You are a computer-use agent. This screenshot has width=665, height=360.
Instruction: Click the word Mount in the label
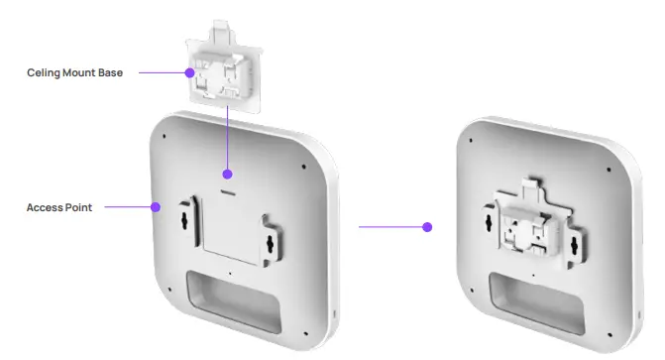79,72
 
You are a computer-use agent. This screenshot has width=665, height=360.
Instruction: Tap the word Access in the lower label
45,208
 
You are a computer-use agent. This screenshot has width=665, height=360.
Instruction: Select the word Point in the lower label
79,208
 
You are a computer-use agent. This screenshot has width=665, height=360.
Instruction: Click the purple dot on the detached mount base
187,72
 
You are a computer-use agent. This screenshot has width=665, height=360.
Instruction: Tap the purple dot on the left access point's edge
155,208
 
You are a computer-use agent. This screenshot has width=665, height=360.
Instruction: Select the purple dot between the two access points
427,227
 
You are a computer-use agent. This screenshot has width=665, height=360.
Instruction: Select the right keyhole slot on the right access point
574,243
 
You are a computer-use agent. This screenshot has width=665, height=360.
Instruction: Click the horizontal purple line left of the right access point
391,227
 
